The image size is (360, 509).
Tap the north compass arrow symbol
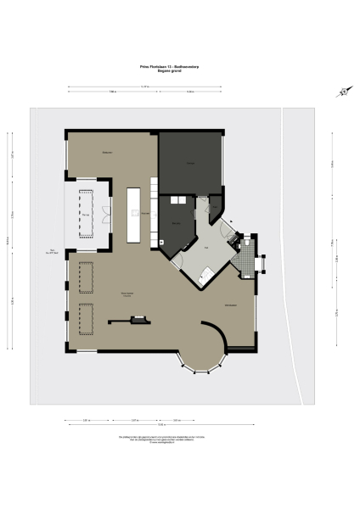pos(342,92)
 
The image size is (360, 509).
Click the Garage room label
pos(190,163)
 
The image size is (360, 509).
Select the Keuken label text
pos(146,212)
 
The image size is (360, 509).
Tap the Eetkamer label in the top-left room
pos(109,153)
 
